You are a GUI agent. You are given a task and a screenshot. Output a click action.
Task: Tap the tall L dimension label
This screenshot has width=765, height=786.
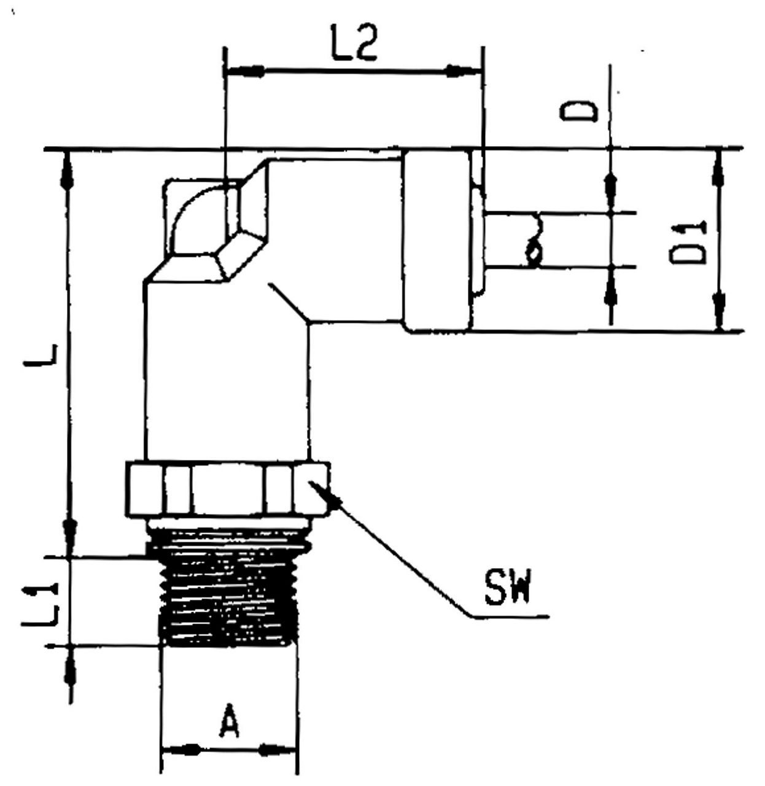click(42, 356)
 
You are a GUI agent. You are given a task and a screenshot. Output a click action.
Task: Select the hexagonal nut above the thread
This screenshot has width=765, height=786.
click(228, 489)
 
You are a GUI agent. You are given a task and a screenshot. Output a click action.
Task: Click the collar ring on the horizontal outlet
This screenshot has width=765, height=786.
click(437, 241)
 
